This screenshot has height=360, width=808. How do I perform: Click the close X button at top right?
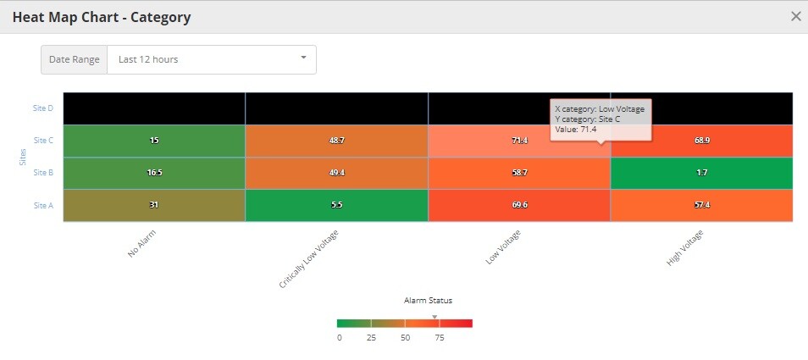click(795, 16)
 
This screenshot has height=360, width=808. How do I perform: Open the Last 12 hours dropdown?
click(211, 59)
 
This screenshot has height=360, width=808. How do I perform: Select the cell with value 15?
click(154, 141)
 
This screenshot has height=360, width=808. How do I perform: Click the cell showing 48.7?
click(336, 141)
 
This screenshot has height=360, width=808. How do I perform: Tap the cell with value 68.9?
click(701, 141)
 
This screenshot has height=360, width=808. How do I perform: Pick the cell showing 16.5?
click(154, 173)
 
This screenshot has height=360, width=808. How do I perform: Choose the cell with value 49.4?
click(336, 173)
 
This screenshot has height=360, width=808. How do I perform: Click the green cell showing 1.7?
click(701, 173)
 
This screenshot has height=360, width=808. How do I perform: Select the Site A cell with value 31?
click(154, 205)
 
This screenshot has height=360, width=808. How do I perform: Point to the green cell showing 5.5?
click(336, 205)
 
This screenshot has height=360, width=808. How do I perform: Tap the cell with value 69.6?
click(519, 205)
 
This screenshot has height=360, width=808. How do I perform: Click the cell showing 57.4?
click(701, 205)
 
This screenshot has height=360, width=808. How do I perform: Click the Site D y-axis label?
click(43, 108)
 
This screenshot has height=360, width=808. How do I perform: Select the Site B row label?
click(43, 173)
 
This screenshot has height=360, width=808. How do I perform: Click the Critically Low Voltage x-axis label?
click(309, 259)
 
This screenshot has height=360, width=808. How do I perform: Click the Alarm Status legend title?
click(428, 301)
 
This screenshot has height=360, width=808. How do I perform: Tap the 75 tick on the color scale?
click(440, 337)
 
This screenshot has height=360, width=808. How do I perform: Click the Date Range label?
click(75, 59)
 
